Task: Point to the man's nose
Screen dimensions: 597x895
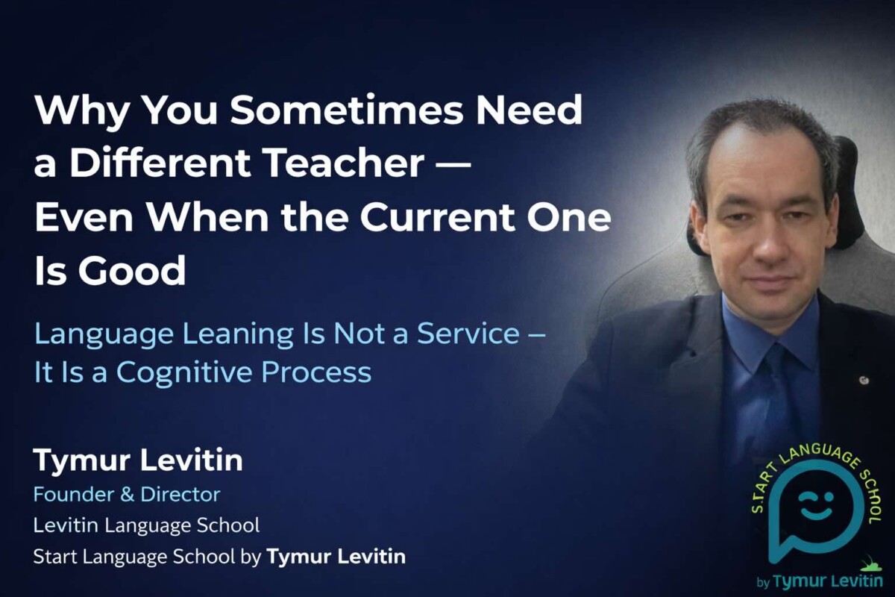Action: [x=761, y=239]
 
